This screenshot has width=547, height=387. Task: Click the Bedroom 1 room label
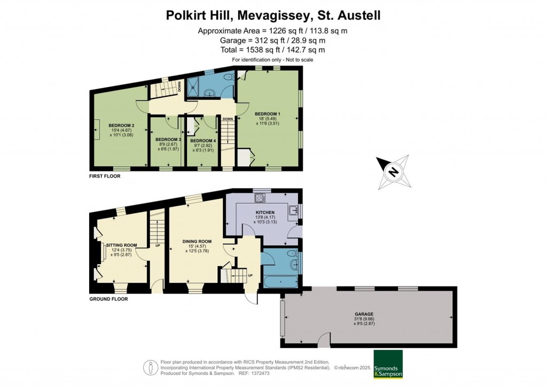coord(268,114)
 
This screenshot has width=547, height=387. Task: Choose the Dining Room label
coord(194,242)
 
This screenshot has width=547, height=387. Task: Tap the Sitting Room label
coord(122,245)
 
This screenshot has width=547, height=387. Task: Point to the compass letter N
coord(393,172)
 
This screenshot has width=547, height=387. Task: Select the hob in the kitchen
coord(261,198)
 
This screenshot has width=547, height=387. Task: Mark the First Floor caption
coord(105,175)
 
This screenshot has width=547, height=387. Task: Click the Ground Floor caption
coord(108,299)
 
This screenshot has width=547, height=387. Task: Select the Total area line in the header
coord(272,50)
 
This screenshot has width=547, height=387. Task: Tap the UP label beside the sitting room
coord(158,246)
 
